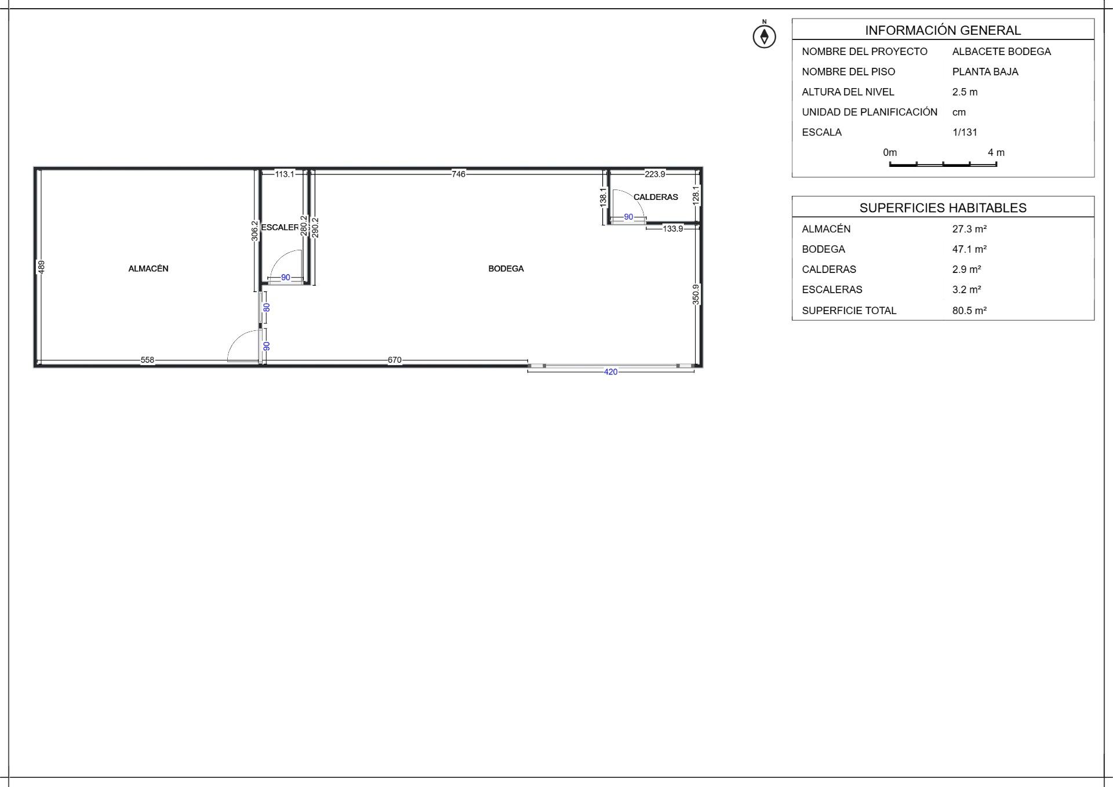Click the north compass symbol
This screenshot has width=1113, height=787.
pyautogui.click(x=764, y=36)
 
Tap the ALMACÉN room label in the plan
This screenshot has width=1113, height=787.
pyautogui.click(x=148, y=268)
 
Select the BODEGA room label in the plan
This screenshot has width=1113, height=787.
pyautogui.click(x=506, y=268)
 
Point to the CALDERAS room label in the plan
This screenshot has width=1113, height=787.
pyautogui.click(x=656, y=197)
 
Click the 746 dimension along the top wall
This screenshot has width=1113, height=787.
pyautogui.click(x=459, y=174)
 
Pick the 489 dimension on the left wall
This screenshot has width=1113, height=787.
pyautogui.click(x=41, y=267)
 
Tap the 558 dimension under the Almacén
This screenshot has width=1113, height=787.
pyautogui.click(x=148, y=360)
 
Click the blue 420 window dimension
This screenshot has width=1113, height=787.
pyautogui.click(x=611, y=371)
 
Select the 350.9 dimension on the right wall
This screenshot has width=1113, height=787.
pyautogui.click(x=696, y=294)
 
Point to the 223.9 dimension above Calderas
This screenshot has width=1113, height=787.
pyautogui.click(x=655, y=174)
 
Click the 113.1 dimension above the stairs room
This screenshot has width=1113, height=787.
pyautogui.click(x=285, y=174)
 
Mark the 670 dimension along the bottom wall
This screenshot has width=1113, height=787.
pyautogui.click(x=395, y=360)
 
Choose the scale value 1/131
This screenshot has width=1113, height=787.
pyautogui.click(x=965, y=132)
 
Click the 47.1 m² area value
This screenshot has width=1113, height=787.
pyautogui.click(x=969, y=249)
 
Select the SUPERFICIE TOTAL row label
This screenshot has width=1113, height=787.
pyautogui.click(x=849, y=311)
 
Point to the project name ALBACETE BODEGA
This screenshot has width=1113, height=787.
pyautogui.click(x=1002, y=52)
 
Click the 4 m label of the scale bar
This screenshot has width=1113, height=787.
pyautogui.click(x=996, y=152)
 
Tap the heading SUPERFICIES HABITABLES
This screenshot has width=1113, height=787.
pyautogui.click(x=943, y=207)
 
